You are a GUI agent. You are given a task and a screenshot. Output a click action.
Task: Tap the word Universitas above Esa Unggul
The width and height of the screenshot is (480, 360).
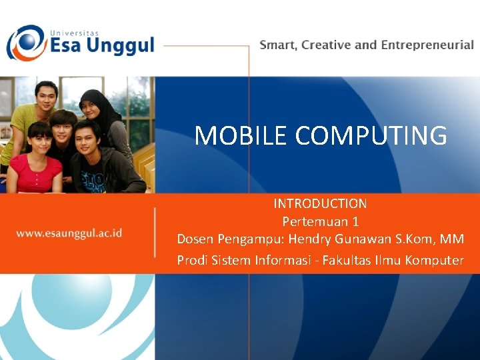click(x=75, y=31)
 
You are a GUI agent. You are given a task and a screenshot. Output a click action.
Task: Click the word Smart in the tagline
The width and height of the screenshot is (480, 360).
click(x=278, y=45)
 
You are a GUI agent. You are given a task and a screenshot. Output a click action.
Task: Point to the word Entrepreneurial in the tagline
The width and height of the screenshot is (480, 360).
click(x=427, y=45)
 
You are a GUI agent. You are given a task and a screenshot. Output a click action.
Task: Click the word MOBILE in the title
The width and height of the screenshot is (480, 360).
click(x=241, y=135)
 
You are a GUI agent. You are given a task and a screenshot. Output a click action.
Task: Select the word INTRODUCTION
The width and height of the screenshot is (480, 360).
click(x=320, y=203)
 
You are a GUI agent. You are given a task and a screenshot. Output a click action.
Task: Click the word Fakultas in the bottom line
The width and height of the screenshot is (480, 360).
click(x=348, y=260)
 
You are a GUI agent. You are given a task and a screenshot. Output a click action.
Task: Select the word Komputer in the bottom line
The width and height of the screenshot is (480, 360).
click(x=432, y=260)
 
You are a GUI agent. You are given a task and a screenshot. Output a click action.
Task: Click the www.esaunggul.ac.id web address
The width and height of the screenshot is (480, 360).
click(x=69, y=233)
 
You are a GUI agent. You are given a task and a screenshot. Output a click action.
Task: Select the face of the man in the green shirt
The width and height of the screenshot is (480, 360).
click(x=46, y=97)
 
